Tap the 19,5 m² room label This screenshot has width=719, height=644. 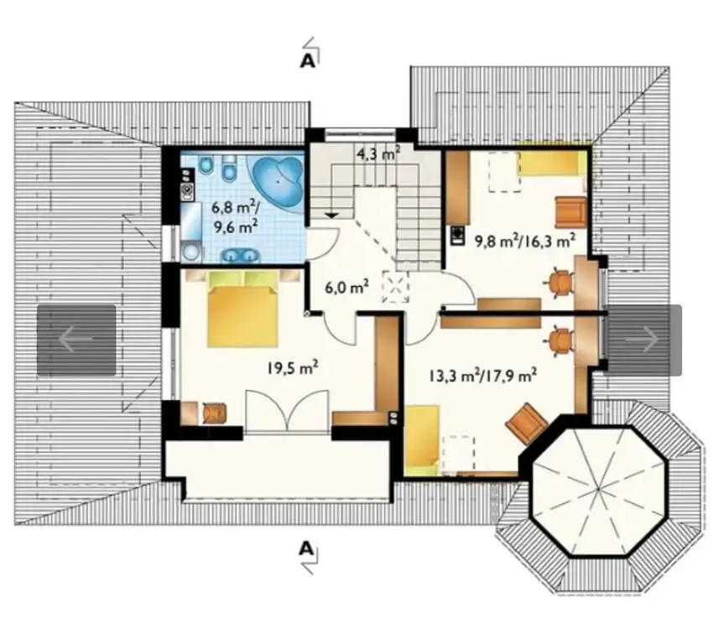(x=293, y=367)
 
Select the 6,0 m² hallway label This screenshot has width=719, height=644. (x=346, y=288)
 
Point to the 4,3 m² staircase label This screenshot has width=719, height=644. (x=378, y=153)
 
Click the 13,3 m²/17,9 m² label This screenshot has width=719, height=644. (x=483, y=376)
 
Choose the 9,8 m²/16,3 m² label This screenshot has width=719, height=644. (x=525, y=241)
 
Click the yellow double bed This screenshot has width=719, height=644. (x=242, y=309)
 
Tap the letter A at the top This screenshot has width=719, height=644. (x=308, y=60)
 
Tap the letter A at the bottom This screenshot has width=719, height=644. (x=306, y=548)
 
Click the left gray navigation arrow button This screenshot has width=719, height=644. (x=76, y=340)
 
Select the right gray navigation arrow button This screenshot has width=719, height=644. (x=644, y=340)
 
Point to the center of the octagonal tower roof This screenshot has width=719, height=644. (x=598, y=491)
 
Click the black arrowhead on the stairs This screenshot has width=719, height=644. (x=332, y=215)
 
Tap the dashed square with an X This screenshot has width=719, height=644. (x=395, y=287)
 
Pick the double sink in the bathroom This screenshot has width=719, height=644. (x=240, y=255)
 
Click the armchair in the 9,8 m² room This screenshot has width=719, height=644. (x=571, y=212)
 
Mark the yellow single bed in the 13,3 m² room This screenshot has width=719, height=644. (x=422, y=439)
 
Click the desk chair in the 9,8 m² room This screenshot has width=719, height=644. (x=560, y=281)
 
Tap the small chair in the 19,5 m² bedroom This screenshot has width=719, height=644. (x=214, y=413)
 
